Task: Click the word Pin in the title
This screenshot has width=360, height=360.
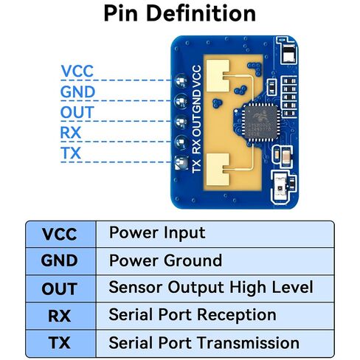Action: click(120, 13)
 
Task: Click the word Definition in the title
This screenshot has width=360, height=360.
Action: click(201, 13)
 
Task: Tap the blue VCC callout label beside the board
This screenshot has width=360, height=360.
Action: click(77, 71)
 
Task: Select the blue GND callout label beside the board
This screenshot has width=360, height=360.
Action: click(77, 91)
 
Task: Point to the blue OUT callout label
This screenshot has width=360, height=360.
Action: click(77, 112)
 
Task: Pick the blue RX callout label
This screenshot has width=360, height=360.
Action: click(71, 133)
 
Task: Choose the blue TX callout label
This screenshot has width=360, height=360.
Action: click(71, 153)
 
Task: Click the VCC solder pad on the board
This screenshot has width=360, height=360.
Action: click(181, 80)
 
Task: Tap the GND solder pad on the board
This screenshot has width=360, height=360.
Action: click(181, 101)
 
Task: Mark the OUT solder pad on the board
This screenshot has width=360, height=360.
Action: click(181, 122)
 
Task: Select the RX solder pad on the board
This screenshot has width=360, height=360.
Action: click(181, 142)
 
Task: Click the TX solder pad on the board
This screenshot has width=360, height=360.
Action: click(181, 162)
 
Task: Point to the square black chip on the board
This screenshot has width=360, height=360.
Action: click(260, 122)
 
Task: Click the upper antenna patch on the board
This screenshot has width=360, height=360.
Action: click(218, 76)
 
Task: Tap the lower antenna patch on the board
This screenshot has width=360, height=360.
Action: click(218, 169)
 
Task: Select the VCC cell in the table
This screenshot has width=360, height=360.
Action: click(60, 234)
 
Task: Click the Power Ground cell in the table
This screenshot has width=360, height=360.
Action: click(215, 261)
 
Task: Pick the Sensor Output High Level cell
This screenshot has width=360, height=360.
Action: click(215, 288)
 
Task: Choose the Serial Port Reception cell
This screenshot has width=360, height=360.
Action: click(215, 316)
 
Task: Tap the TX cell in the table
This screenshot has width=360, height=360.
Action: click(60, 343)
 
